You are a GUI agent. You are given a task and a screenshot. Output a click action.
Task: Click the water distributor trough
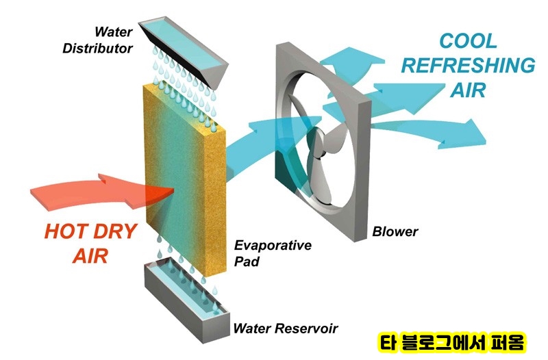tap(184, 48)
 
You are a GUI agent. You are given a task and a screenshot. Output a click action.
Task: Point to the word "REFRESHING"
tap(468, 65)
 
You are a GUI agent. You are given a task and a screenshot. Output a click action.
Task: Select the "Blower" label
tap(395, 231)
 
